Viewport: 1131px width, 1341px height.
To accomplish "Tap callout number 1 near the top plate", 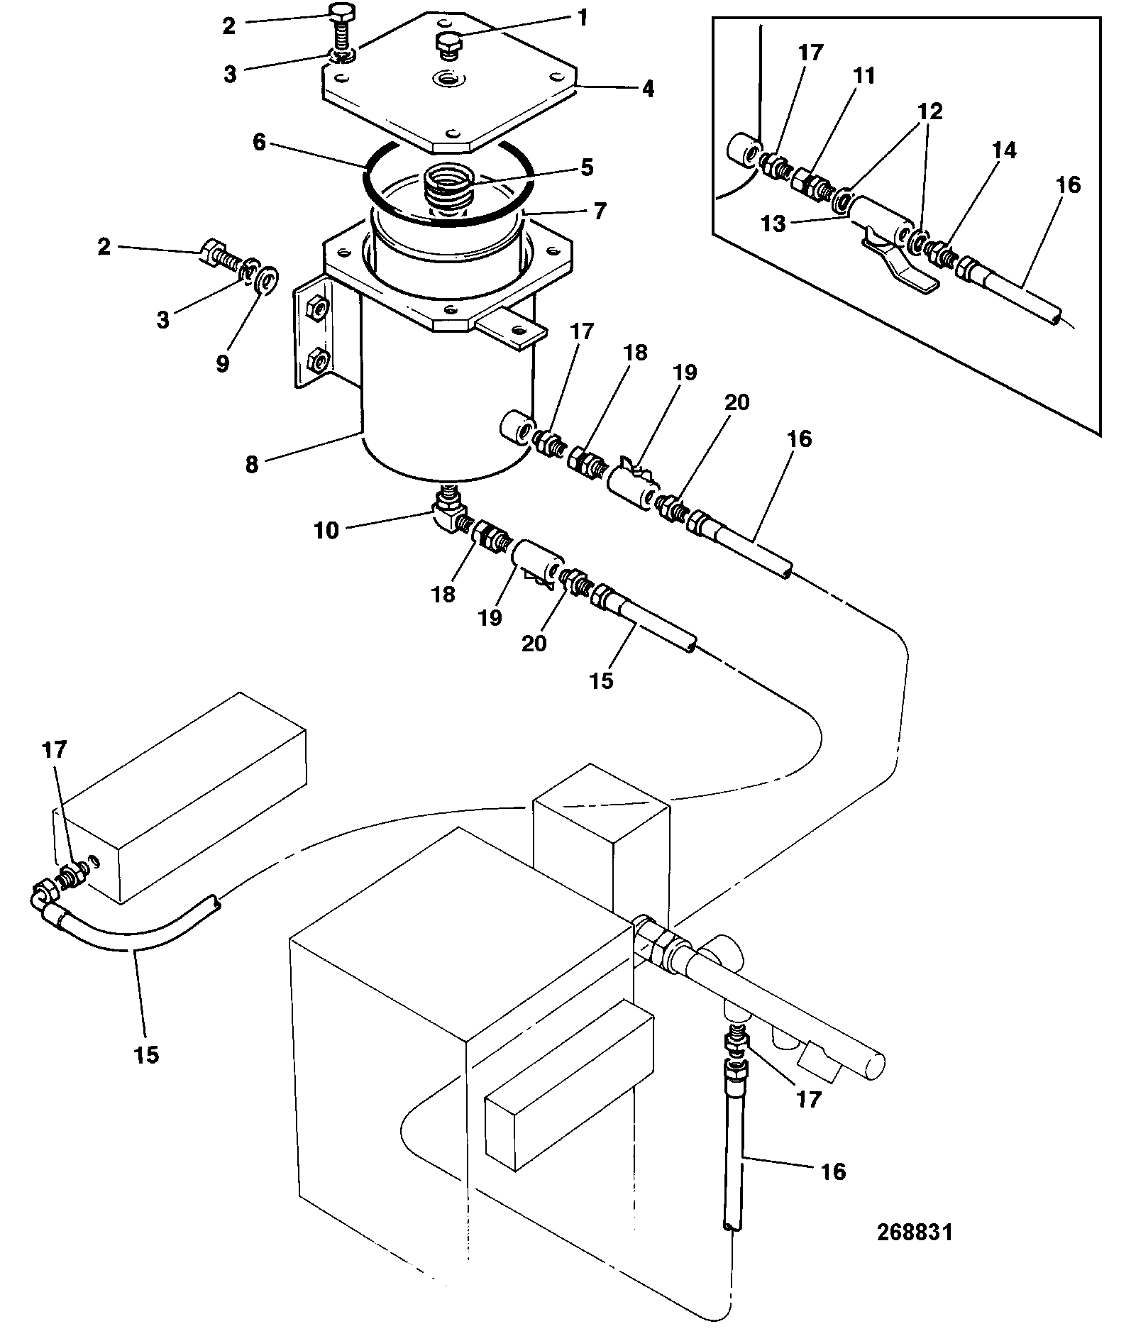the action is pyautogui.click(x=582, y=18).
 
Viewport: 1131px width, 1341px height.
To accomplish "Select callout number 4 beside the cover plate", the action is pyautogui.click(x=647, y=89).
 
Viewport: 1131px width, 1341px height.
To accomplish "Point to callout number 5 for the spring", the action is pyautogui.click(x=586, y=169).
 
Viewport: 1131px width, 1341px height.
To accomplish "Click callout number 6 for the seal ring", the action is pyautogui.click(x=259, y=143).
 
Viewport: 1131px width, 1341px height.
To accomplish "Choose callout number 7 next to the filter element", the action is pyautogui.click(x=600, y=211).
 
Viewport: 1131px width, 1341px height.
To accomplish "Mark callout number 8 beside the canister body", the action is pyautogui.click(x=252, y=465).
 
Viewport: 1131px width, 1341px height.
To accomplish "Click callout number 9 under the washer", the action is pyautogui.click(x=223, y=364).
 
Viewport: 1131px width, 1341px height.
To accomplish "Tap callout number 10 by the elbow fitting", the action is pyautogui.click(x=327, y=530).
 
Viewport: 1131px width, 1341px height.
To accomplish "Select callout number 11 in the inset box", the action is pyautogui.click(x=864, y=76).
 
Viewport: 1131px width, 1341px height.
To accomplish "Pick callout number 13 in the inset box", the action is pyautogui.click(x=773, y=224).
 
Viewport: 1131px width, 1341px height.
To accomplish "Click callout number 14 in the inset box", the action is pyautogui.click(x=1004, y=150).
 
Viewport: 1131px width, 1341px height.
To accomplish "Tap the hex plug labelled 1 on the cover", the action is pyautogui.click(x=447, y=47).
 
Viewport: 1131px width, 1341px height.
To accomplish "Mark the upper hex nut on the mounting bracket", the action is pyautogui.click(x=319, y=309).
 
